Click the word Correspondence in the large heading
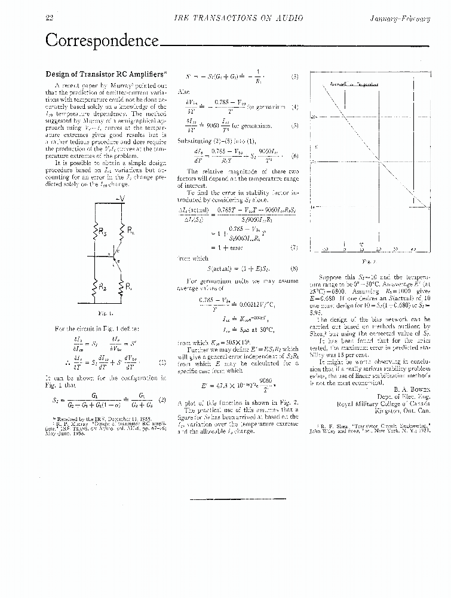[102, 41]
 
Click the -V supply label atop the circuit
[121, 199]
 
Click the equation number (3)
[294, 77]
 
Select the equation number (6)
[294, 156]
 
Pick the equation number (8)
[294, 269]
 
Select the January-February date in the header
[408, 19]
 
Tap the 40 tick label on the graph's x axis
[413, 249]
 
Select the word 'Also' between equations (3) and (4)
[184, 92]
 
